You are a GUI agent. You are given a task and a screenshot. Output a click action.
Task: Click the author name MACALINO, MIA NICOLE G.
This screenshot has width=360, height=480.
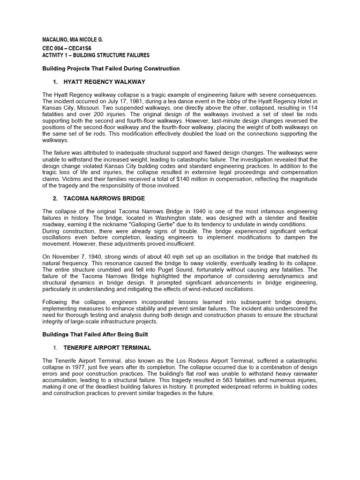(72, 39)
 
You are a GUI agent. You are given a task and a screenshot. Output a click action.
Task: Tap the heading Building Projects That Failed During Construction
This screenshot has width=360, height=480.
(111, 68)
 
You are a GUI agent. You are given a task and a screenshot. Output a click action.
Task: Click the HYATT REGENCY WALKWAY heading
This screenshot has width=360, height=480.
(104, 82)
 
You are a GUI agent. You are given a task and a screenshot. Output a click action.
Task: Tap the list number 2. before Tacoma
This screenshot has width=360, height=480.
(56, 198)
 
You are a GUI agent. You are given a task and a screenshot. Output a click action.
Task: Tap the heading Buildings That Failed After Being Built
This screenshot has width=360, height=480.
(96, 334)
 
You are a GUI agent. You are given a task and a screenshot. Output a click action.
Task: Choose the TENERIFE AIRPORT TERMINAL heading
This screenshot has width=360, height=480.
(107, 347)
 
